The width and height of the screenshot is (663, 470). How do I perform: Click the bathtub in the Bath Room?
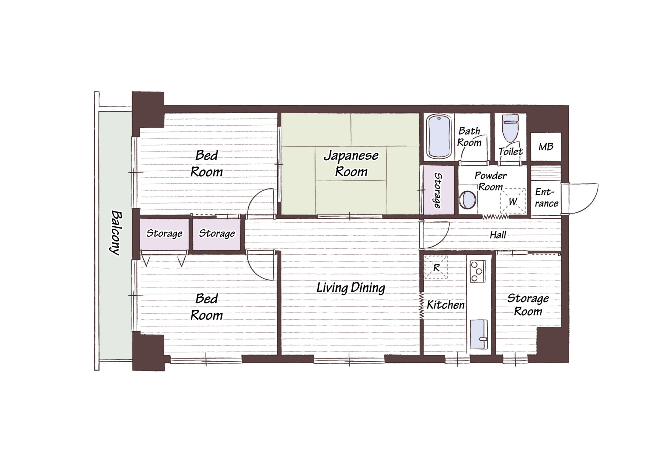click(x=439, y=136)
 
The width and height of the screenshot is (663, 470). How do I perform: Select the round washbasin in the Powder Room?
click(x=467, y=200)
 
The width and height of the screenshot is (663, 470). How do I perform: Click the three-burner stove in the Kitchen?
click(x=478, y=271)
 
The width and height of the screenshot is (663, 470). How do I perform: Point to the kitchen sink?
click(x=479, y=334)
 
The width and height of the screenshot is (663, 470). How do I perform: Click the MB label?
click(x=546, y=147)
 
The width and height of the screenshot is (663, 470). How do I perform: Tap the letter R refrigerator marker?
click(x=436, y=268)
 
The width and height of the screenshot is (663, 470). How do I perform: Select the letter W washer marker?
click(x=512, y=201)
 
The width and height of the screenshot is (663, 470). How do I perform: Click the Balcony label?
click(x=116, y=233)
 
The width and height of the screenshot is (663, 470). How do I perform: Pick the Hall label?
click(x=498, y=235)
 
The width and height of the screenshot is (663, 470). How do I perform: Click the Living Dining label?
click(x=351, y=288)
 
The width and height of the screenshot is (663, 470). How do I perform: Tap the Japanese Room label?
click(x=351, y=163)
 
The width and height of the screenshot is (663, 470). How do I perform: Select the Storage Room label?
click(x=528, y=305)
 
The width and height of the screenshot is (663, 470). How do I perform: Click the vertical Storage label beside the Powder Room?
click(x=438, y=191)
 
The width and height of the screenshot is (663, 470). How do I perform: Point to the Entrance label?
click(x=546, y=197)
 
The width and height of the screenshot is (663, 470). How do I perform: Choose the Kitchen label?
click(x=446, y=305)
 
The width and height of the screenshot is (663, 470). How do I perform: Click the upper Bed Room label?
click(x=206, y=164)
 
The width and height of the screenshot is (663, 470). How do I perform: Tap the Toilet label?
click(x=511, y=151)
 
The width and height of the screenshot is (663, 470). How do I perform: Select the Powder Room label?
click(x=491, y=181)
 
